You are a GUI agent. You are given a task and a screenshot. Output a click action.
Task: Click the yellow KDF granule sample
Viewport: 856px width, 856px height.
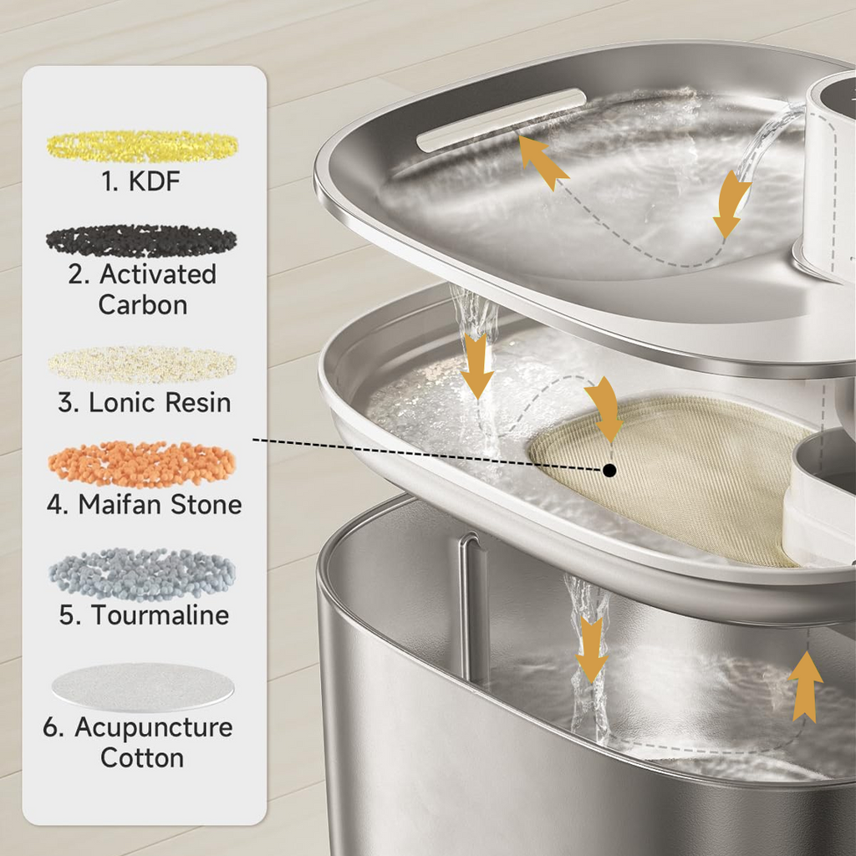click(142, 146)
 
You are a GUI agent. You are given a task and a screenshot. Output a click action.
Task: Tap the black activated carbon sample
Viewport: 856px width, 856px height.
click(141, 241)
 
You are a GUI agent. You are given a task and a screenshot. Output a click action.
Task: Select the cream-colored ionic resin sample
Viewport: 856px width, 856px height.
click(142, 364)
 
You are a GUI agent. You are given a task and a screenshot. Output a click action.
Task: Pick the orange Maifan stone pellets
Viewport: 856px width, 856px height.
click(142, 464)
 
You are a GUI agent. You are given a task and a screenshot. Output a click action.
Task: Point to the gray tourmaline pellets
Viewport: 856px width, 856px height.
click(142, 574)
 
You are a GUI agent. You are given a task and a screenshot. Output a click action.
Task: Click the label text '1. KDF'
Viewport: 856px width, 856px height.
click(141, 181)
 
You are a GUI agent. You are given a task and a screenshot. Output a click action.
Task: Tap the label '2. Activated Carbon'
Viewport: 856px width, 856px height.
click(143, 289)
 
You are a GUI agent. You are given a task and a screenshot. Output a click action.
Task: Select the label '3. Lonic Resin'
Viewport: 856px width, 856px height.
click(144, 402)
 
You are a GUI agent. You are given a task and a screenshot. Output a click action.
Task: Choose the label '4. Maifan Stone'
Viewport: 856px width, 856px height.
click(144, 504)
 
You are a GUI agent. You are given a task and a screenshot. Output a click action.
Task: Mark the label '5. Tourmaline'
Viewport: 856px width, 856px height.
click(144, 614)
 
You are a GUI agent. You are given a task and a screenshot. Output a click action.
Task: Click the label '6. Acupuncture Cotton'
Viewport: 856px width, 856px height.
click(139, 742)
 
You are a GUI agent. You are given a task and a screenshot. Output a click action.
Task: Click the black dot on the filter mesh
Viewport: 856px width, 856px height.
click(609, 471)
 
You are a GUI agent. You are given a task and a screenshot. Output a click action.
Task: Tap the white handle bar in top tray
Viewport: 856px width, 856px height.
click(501, 120)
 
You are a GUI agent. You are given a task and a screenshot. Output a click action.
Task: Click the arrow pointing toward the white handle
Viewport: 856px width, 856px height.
click(542, 162)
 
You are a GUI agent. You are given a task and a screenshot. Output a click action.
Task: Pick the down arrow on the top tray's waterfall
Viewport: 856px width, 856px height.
click(477, 365)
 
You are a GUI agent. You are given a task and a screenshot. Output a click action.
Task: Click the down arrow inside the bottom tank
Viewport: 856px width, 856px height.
click(592, 649)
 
